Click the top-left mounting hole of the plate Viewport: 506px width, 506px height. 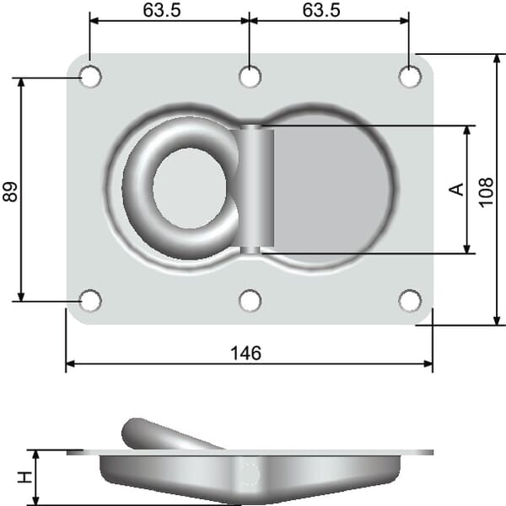click(x=90, y=77)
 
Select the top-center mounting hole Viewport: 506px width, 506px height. click(x=250, y=77)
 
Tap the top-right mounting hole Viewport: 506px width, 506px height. click(x=410, y=77)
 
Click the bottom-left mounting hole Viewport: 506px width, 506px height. click(x=90, y=301)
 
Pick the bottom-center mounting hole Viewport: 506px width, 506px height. click(x=250, y=301)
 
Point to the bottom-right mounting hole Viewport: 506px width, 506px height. click(x=410, y=301)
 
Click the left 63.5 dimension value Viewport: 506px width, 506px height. click(x=162, y=10)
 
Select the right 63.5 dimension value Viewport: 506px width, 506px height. click(x=321, y=10)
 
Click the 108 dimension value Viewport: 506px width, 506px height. click(x=486, y=192)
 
